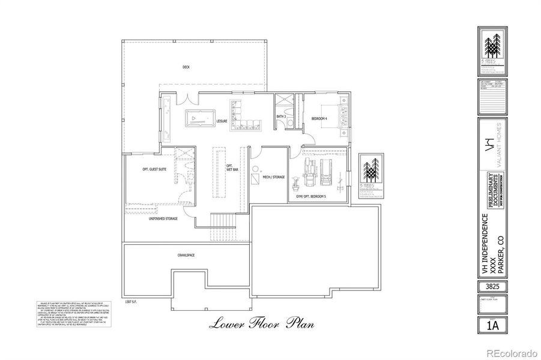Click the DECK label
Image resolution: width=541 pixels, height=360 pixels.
coord(186,67)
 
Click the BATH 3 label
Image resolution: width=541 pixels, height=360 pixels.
coord(280,116)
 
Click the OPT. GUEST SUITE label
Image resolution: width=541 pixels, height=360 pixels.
coord(154,170)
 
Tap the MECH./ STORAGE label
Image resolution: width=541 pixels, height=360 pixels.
coord(273,178)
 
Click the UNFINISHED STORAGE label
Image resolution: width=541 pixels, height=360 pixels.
coord(163,220)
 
